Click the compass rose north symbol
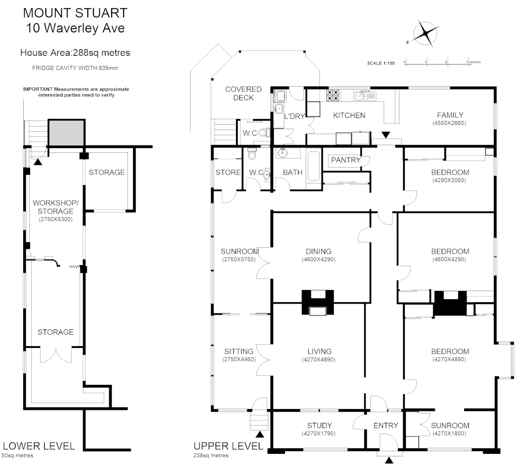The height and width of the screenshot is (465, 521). (x=425, y=34)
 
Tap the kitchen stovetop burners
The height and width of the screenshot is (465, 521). (x=333, y=95)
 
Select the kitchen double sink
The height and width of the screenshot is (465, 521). (x=365, y=96)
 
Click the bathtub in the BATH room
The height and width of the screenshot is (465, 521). (x=313, y=166)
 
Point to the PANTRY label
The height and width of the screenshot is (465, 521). (x=346, y=160)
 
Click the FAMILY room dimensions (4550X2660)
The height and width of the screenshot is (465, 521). (x=449, y=123)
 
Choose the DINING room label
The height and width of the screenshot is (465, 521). (x=319, y=251)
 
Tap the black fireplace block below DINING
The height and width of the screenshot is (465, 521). (x=318, y=302)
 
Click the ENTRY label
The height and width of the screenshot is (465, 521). (x=386, y=425)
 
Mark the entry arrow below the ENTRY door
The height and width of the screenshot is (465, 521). (x=389, y=460)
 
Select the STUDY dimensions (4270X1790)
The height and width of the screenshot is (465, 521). (x=319, y=434)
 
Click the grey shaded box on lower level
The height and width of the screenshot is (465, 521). (x=66, y=133)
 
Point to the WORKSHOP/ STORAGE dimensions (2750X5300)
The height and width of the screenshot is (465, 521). (x=56, y=219)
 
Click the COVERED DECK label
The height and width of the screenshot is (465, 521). (x=243, y=93)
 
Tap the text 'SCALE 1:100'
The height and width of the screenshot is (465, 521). (x=381, y=63)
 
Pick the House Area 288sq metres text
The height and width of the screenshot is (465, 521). (x=75, y=53)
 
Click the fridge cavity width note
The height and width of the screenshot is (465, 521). (x=75, y=68)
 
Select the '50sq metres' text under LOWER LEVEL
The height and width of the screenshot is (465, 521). (x=17, y=456)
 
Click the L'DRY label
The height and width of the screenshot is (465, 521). (x=295, y=117)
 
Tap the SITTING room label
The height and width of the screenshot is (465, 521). (x=239, y=351)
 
